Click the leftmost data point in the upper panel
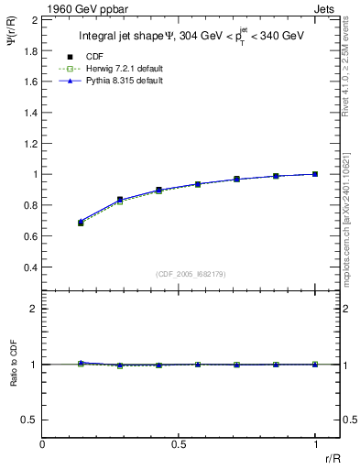(81, 223)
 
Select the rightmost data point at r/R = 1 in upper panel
(315, 174)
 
